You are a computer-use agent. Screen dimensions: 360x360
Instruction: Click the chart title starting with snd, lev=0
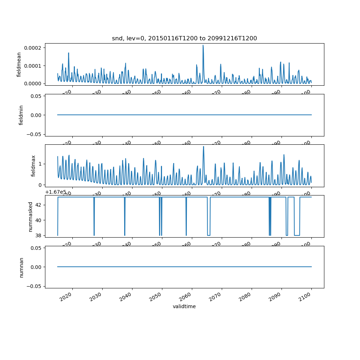tap(184, 39)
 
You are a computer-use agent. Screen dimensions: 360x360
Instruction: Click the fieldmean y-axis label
tap(19, 64)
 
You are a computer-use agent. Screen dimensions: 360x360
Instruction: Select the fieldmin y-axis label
tap(21, 115)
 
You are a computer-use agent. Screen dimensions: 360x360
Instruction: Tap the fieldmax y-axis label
tap(33, 166)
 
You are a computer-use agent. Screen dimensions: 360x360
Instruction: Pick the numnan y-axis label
tap(21, 267)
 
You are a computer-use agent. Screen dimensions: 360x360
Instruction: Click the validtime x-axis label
tap(184, 307)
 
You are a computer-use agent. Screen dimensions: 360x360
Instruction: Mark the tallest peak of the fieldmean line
tap(203, 45)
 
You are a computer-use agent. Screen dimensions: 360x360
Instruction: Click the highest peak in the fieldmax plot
tap(203, 147)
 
